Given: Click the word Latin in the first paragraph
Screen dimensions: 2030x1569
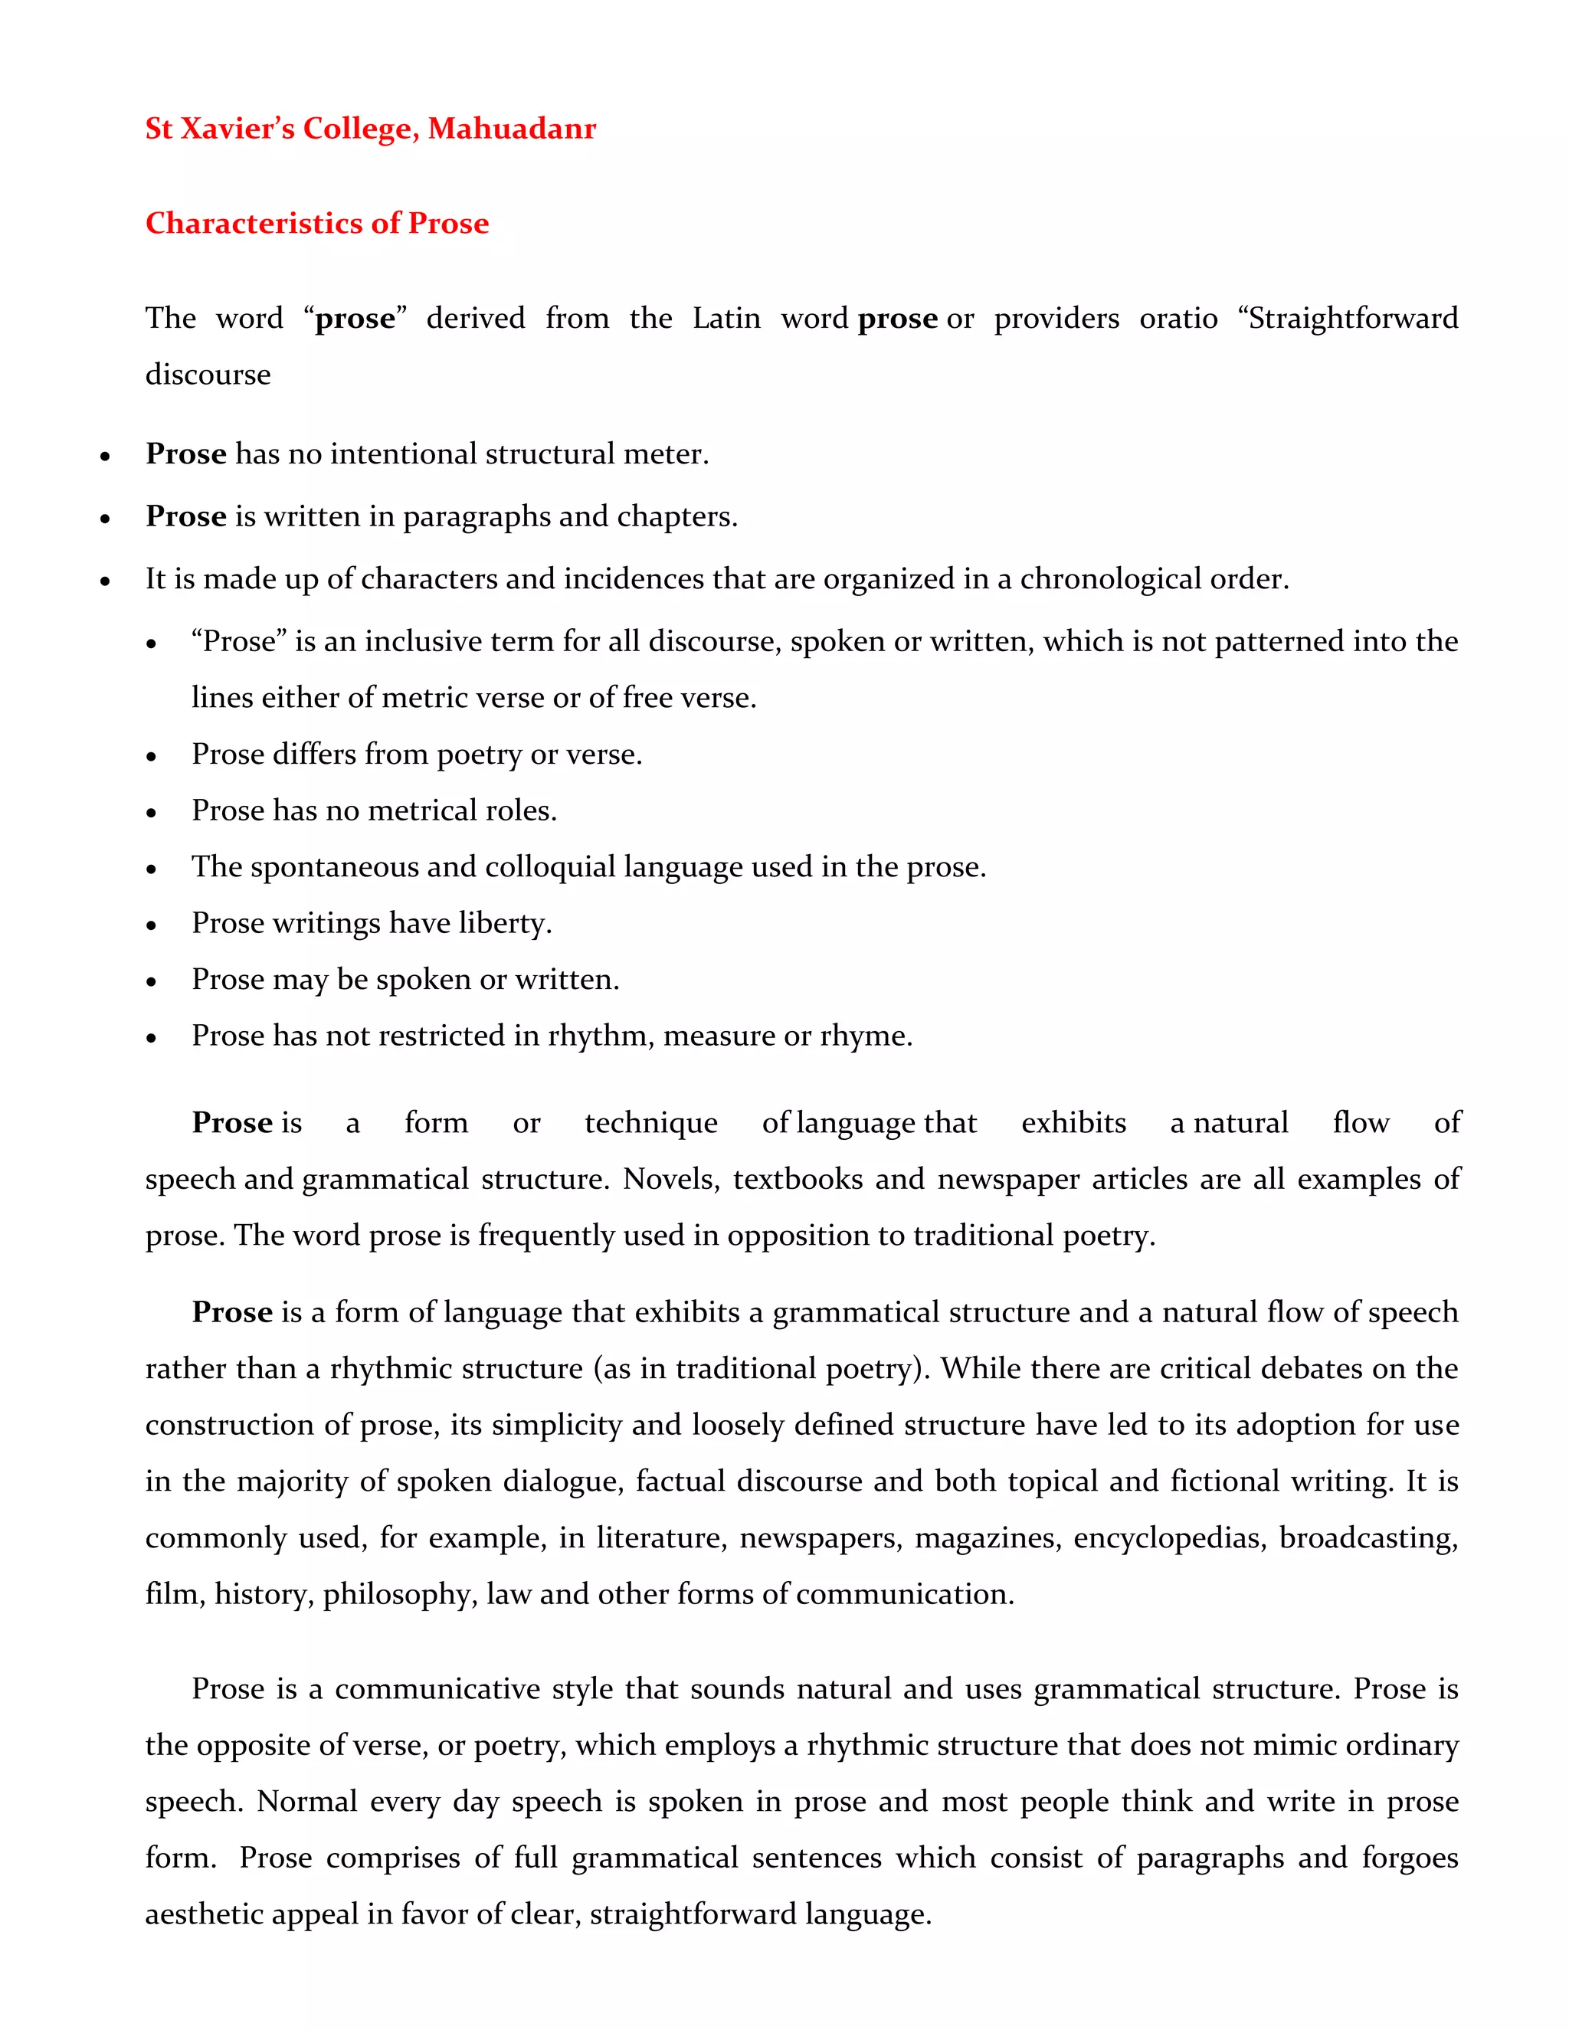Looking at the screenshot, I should coord(726,319).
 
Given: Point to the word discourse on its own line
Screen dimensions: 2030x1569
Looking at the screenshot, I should coord(208,375).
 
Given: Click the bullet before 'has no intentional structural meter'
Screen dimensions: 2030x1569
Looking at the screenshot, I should coord(105,457).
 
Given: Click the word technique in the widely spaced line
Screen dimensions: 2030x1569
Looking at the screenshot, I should coord(650,1123).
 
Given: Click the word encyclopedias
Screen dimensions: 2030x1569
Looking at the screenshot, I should coord(1171,1538).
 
